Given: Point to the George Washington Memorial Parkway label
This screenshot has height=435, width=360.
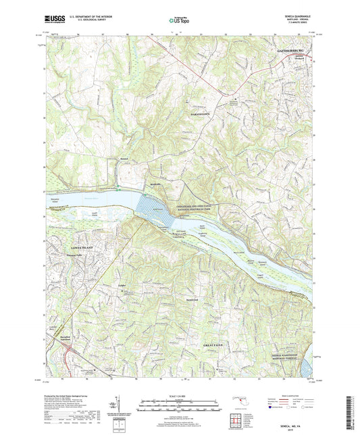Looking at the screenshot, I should [286, 353].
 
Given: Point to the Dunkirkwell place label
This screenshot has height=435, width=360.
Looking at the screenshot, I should [173, 298].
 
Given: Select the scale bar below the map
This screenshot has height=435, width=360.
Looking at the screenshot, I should [180, 403].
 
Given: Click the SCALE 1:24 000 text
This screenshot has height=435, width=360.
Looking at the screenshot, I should [180, 395].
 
